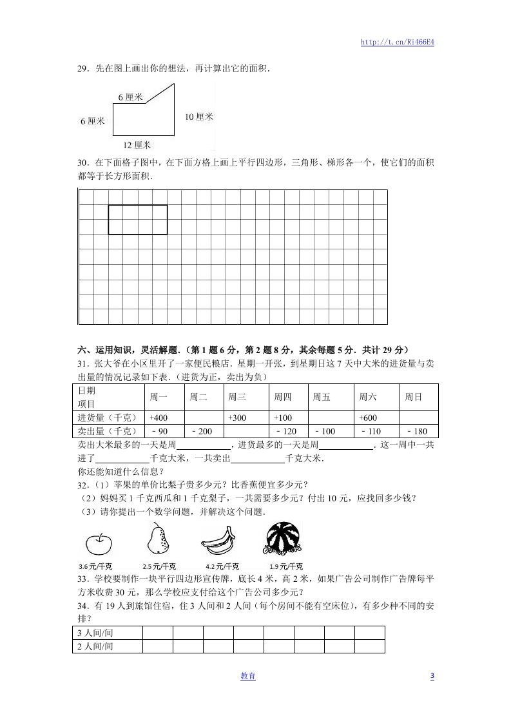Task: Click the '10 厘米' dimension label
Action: point(198,117)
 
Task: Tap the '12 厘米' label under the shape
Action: point(137,145)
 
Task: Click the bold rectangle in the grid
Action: point(138,220)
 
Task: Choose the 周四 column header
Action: point(283,397)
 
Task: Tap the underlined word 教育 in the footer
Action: point(247,676)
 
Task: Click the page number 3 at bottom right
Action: point(432,676)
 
